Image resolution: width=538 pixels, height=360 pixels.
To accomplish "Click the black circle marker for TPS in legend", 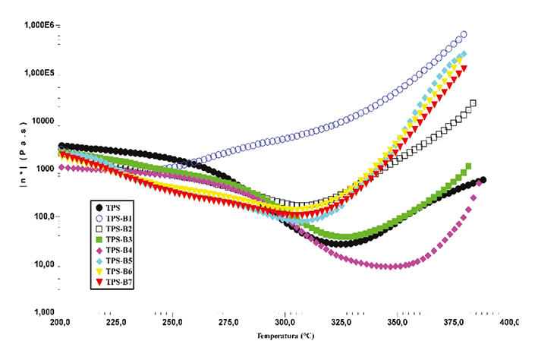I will click(x=99, y=207).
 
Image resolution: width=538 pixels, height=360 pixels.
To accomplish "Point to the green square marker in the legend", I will click(x=99, y=239).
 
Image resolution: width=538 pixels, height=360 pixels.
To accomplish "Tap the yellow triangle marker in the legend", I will click(x=99, y=272).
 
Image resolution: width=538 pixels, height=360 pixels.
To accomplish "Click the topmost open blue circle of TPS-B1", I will click(x=464, y=34).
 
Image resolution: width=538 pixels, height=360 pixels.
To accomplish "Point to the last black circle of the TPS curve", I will click(x=483, y=180).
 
